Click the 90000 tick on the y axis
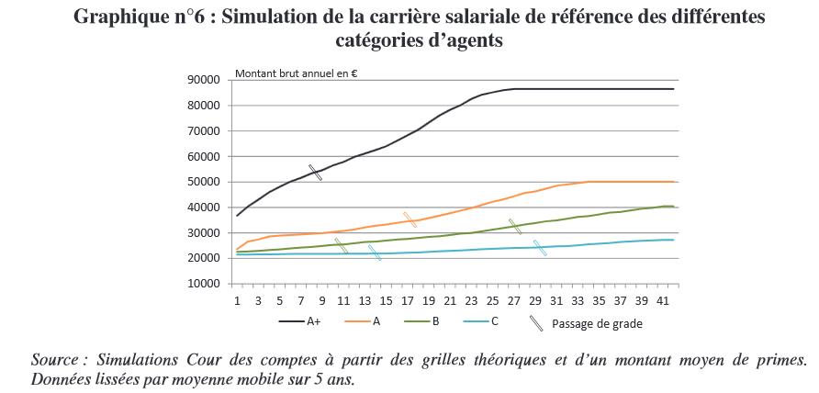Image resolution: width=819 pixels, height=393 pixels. pos(206,80)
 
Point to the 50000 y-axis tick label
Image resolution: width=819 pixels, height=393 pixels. pos(206,182)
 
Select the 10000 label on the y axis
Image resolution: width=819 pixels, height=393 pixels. pos(206,284)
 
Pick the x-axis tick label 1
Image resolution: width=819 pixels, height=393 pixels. pos(237,299)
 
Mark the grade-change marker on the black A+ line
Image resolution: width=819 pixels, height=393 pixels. pos(315,173)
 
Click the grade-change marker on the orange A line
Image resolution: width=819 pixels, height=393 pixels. pos(409,219)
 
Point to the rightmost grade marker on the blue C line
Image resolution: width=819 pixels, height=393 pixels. pos(540,247)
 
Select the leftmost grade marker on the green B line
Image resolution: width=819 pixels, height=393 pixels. pos(341,245)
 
